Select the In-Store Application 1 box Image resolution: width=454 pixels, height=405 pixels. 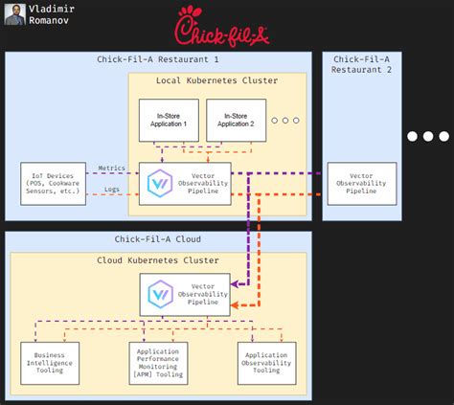point(170,120)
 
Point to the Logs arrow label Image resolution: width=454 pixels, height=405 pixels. point(113,190)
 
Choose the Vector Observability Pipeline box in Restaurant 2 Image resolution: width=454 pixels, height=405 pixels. point(361,183)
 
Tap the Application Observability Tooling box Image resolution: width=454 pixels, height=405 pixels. point(267,363)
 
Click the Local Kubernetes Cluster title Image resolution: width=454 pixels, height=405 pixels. point(216,80)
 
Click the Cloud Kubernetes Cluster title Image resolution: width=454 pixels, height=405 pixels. point(157,259)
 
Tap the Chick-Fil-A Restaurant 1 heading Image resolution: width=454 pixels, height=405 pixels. point(157,60)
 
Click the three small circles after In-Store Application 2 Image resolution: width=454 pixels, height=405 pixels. point(284,120)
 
